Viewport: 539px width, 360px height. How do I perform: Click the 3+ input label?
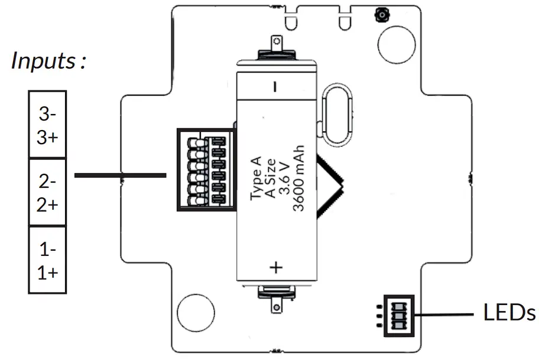[47, 137]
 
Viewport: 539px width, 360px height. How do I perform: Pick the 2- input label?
[47, 180]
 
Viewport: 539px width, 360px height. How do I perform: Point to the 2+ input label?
[47, 205]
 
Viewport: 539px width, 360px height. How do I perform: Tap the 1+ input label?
[47, 273]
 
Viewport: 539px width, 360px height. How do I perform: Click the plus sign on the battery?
[276, 267]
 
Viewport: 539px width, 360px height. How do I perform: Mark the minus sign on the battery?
[275, 87]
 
